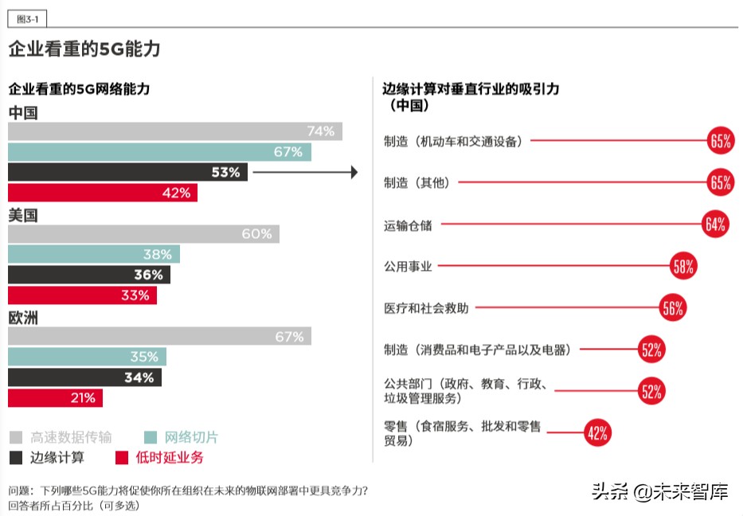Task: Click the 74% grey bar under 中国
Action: [x=174, y=131]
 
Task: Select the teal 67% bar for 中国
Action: [x=159, y=152]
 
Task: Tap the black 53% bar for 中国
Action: [x=127, y=172]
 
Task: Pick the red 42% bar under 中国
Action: [x=103, y=193]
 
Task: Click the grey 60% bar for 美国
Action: [x=143, y=234]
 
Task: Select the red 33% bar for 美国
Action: [x=82, y=295]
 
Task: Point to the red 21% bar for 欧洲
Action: [x=55, y=397]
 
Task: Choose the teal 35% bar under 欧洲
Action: [x=87, y=357]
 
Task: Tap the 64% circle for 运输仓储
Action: [x=714, y=225]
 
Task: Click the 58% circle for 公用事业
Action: [x=683, y=267]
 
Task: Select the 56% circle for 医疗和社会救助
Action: [x=672, y=308]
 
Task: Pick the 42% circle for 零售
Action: [x=596, y=433]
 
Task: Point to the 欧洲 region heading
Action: [x=23, y=317]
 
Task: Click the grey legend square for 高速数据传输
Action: [x=15, y=437]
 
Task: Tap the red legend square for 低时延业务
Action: [x=122, y=457]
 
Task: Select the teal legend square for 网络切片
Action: [x=150, y=437]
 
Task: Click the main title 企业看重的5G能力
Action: [x=84, y=49]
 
